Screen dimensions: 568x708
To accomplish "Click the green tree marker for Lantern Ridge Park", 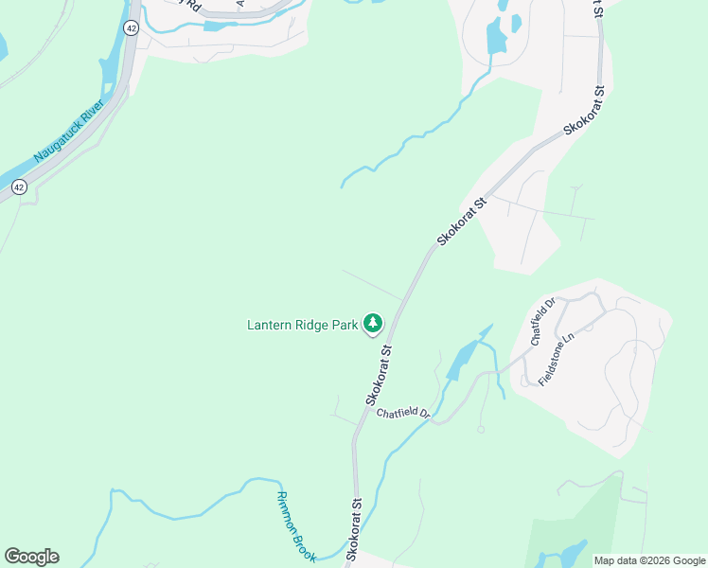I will (x=374, y=325).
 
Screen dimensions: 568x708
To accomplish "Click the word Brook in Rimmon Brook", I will (x=304, y=545).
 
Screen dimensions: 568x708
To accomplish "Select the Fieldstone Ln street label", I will (x=557, y=358).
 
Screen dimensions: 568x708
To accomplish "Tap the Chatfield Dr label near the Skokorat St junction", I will (x=403, y=414).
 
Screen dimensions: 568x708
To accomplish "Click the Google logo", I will (x=31, y=557).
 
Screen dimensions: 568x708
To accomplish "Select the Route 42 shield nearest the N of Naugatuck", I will (x=19, y=186).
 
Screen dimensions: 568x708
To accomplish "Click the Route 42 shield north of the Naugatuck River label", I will (x=131, y=28).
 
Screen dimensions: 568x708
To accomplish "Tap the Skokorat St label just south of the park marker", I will (x=379, y=374).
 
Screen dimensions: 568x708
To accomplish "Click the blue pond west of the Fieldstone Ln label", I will (x=461, y=359).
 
